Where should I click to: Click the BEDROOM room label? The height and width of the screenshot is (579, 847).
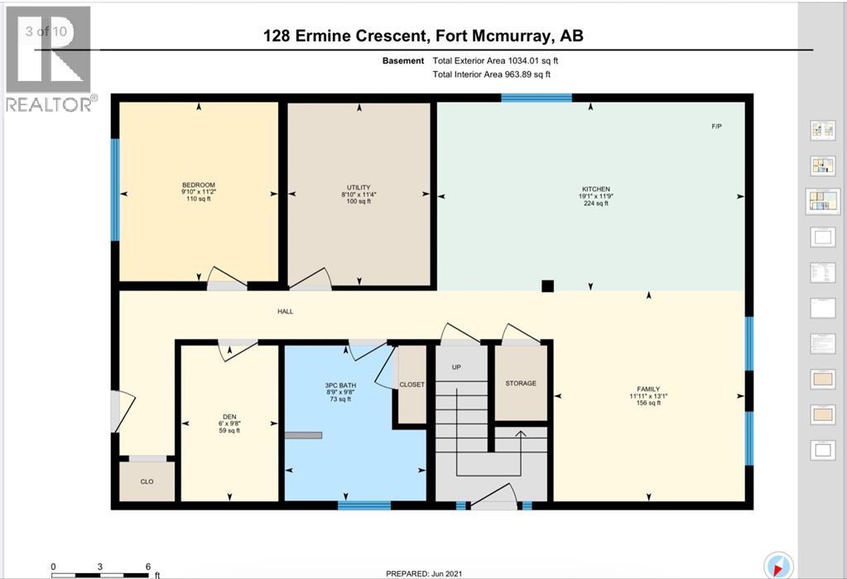coord(199,185)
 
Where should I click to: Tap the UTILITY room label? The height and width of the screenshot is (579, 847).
coord(359,187)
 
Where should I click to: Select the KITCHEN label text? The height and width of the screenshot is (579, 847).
coord(596,189)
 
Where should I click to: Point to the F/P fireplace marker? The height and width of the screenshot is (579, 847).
coord(716,127)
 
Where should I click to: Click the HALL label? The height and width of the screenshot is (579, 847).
coord(285,311)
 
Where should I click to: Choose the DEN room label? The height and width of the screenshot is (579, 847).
coord(229,417)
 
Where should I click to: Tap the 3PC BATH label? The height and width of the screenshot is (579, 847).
coord(340,385)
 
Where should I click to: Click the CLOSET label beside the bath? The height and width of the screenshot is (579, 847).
coord(411,385)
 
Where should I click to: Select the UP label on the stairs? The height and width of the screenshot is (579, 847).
coord(456,367)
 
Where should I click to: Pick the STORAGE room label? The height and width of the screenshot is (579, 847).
coord(521,383)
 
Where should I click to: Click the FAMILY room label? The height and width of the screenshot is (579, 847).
coord(648,389)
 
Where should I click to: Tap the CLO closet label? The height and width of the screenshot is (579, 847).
coord(147,481)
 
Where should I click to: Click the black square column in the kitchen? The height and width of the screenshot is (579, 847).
coord(548,286)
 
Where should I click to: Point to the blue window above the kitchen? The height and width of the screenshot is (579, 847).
coord(537,98)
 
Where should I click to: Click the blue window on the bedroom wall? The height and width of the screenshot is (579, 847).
coord(114,189)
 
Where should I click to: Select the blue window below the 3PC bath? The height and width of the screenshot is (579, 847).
coord(364,505)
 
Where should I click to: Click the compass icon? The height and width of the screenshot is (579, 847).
coord(778,565)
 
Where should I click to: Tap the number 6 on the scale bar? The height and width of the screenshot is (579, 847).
coord(148,567)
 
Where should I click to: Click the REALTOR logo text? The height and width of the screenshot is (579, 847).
coord(49,104)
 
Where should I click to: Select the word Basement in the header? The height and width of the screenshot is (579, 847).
coord(403,61)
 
